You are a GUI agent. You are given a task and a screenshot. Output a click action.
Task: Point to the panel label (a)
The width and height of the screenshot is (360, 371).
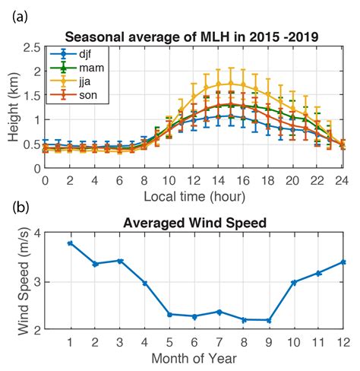point(20,14)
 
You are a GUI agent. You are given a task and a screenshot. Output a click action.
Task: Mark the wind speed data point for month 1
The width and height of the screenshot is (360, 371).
point(70,243)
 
